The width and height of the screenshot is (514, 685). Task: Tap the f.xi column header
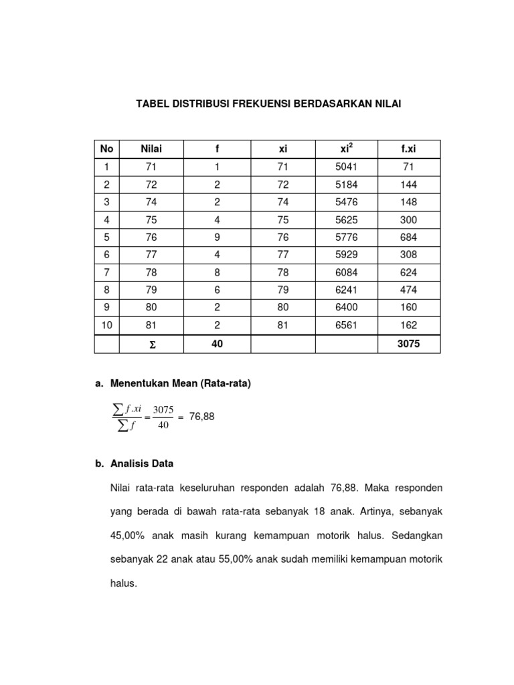point(408,149)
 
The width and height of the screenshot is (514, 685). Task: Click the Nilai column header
point(151,149)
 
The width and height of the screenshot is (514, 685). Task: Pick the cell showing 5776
point(347,237)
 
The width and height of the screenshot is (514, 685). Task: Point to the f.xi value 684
point(408,237)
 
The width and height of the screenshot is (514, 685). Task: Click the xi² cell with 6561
point(347,325)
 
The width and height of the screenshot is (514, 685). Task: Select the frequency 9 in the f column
point(217,237)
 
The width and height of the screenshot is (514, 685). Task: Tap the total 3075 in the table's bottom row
point(408,343)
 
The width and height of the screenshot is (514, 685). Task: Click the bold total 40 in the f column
point(217,343)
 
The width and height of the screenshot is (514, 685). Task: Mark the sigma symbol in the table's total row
point(151,344)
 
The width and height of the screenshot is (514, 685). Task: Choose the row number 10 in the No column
point(107,325)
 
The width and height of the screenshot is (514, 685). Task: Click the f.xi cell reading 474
point(408,290)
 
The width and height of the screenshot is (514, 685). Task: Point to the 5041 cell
point(347,167)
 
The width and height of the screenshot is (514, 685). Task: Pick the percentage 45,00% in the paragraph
point(127,535)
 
